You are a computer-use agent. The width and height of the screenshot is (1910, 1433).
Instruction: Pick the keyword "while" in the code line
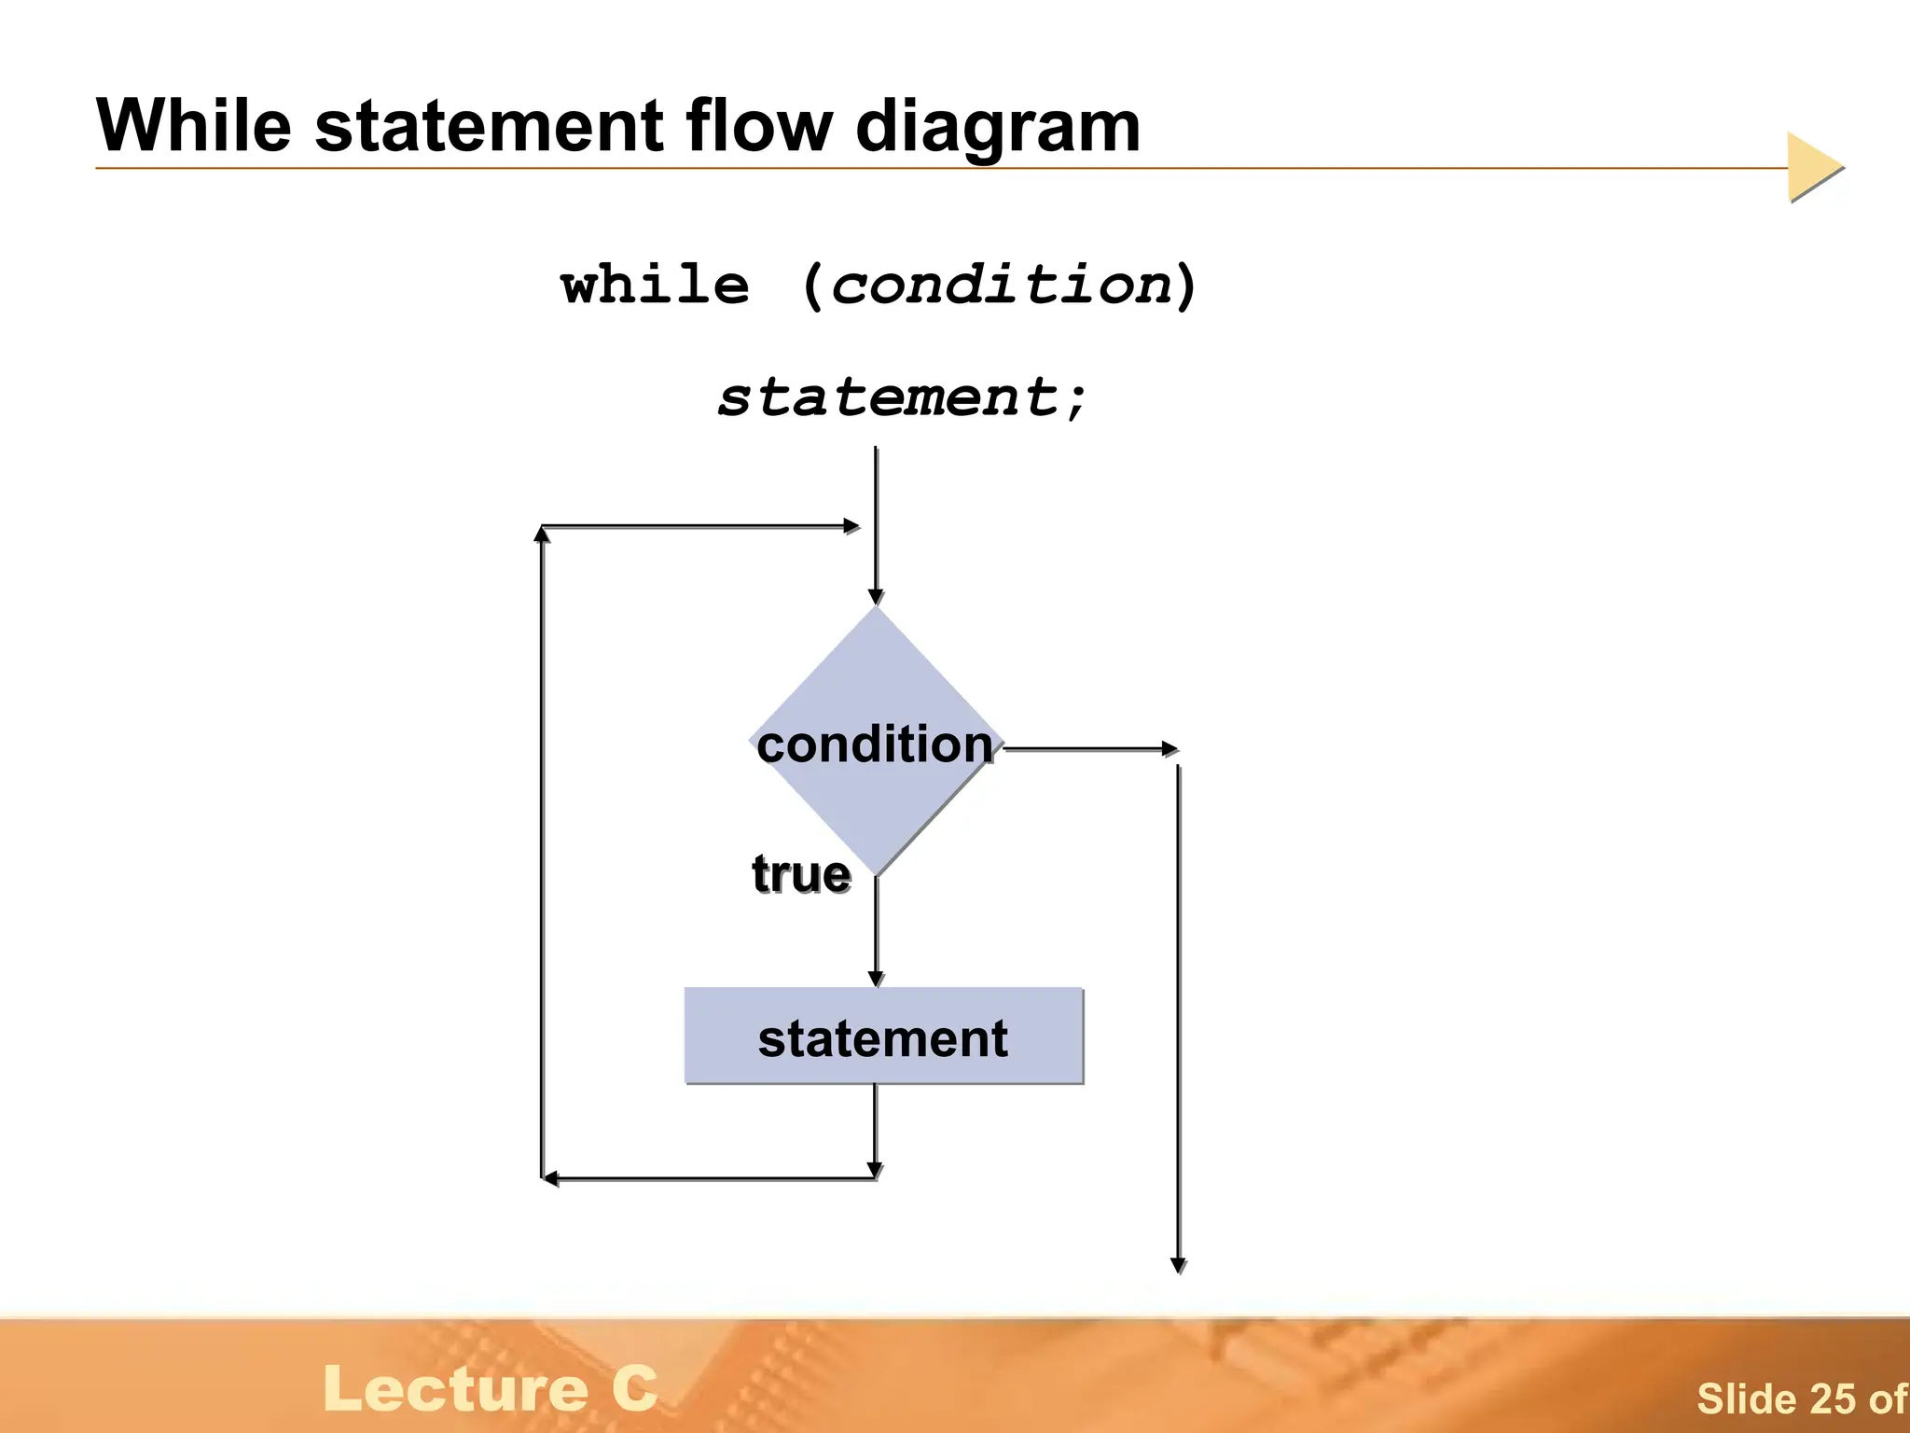[x=655, y=285]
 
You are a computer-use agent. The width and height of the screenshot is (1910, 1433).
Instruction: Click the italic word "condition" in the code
[x=1000, y=285]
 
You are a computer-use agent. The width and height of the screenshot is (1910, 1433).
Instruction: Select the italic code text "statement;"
[x=902, y=397]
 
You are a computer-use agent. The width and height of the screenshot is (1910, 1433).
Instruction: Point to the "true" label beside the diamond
[x=801, y=874]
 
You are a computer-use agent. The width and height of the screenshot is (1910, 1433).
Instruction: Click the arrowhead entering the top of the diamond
[x=876, y=597]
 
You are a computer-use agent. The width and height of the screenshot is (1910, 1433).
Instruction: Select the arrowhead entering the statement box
[x=876, y=979]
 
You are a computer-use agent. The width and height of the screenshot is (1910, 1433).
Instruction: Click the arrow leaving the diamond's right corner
[x=1170, y=748]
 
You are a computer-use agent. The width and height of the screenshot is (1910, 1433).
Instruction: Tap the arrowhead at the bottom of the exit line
[x=1178, y=1265]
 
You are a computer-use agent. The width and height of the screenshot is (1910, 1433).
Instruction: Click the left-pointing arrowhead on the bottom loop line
[x=551, y=1178]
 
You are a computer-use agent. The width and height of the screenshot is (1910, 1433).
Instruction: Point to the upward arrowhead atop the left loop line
[x=542, y=534]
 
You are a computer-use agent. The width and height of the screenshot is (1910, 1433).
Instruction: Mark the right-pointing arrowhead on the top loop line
[x=851, y=526]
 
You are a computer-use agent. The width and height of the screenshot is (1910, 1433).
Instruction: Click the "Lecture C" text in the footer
[x=491, y=1389]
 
